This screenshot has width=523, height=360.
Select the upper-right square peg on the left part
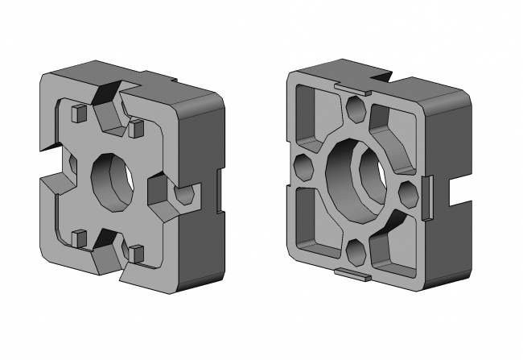point(136,126)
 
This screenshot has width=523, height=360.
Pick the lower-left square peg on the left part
point(79,237)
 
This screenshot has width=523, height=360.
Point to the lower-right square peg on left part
point(136,253)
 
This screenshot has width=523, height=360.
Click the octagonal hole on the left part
point(184,195)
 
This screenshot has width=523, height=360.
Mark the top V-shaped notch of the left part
point(109,97)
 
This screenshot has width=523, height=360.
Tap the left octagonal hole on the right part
point(304,168)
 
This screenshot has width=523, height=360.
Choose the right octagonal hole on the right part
point(409,193)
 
